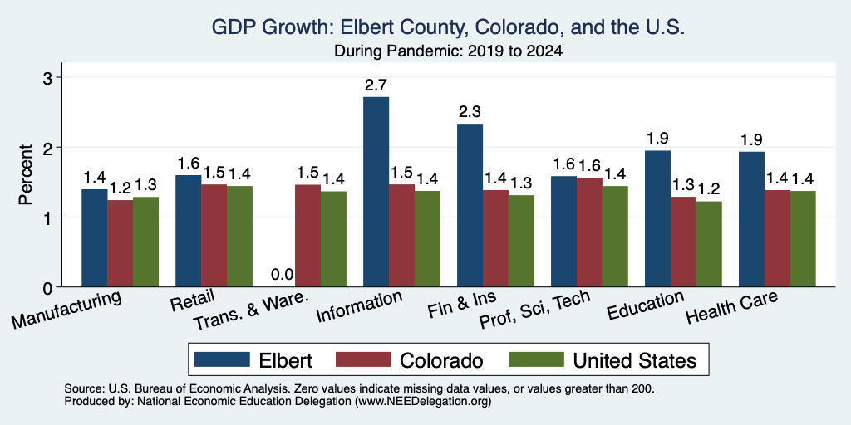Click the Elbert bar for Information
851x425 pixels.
pyautogui.click(x=376, y=192)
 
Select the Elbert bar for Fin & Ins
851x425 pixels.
pyautogui.click(x=470, y=206)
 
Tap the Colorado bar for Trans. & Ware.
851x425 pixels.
pyautogui.click(x=307, y=236)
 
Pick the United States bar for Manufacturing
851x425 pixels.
pyautogui.click(x=146, y=242)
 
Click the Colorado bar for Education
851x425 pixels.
pyautogui.click(x=683, y=242)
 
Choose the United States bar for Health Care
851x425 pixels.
pyautogui.click(x=803, y=239)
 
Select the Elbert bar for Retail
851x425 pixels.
pyautogui.click(x=189, y=231)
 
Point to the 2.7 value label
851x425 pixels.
pyautogui.click(x=376, y=85)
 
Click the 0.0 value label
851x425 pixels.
pyautogui.click(x=282, y=275)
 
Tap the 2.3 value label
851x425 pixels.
pyautogui.click(x=470, y=112)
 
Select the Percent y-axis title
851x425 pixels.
pyautogui.click(x=26, y=174)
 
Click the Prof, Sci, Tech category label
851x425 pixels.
pyautogui.click(x=534, y=310)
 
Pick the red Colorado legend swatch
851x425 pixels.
pyautogui.click(x=363, y=359)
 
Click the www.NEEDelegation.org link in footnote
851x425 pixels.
pyautogui.click(x=422, y=402)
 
